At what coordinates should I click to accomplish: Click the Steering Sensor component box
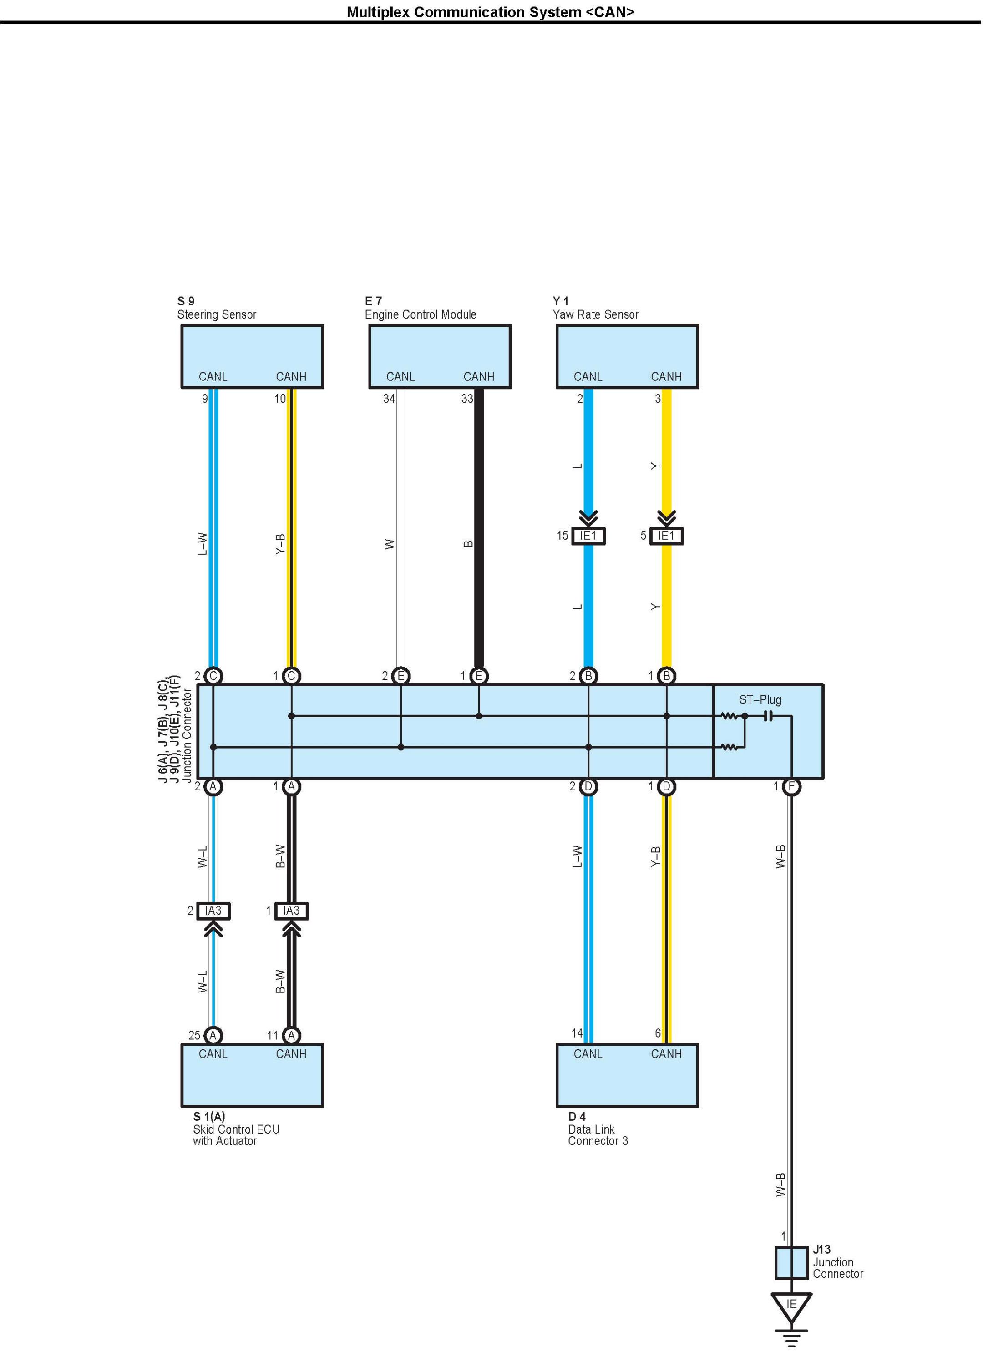(252, 356)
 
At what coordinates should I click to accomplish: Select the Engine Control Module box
(440, 356)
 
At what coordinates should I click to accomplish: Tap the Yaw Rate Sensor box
(627, 356)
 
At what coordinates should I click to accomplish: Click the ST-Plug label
(760, 700)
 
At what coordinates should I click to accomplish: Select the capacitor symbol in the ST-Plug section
(768, 716)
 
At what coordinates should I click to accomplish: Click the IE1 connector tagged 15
(588, 536)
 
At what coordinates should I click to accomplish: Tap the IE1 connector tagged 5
(666, 536)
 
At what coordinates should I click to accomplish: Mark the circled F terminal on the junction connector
(791, 787)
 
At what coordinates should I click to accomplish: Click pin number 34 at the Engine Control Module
(389, 399)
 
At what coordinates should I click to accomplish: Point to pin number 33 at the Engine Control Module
(467, 399)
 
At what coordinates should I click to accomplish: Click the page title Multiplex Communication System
(490, 12)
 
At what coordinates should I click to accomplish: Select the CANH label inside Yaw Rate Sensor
(666, 377)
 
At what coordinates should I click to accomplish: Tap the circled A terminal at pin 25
(213, 1035)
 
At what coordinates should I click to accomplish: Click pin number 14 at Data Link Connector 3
(577, 1033)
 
